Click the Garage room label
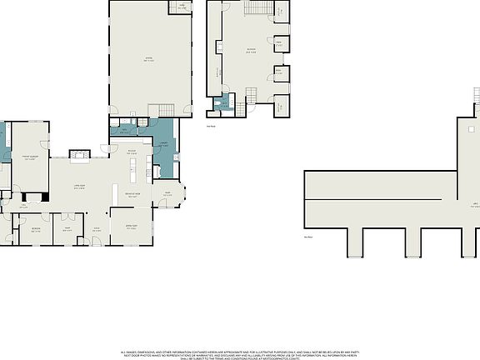coord(149,59)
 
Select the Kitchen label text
coord(132,153)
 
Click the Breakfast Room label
coord(132,196)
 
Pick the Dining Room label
coord(131,227)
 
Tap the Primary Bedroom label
coord(30,158)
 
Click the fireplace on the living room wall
coord(79,154)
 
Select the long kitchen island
coord(132,176)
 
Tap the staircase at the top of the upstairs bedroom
coord(258,8)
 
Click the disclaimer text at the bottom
coord(240,354)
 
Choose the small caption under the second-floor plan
coord(212,127)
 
